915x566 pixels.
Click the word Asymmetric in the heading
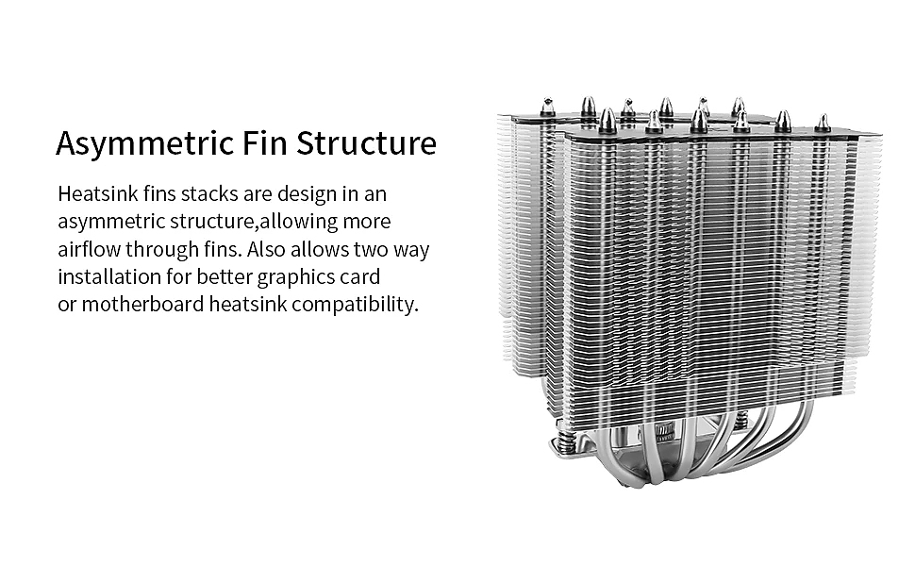144,144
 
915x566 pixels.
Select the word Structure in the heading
366,142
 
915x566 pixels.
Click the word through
162,251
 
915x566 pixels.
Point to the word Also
266,249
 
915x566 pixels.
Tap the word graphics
296,278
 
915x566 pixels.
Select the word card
360,276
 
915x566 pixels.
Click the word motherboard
142,304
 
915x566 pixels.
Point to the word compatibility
355,306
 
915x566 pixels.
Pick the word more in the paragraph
366,223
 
